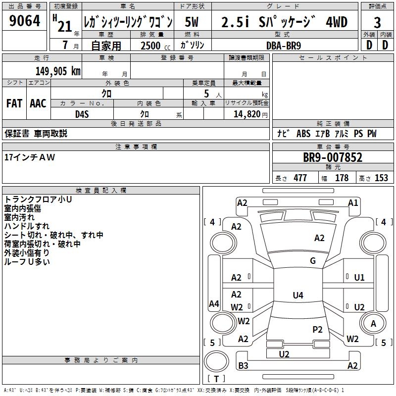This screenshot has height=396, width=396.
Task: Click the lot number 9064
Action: (x=25, y=22)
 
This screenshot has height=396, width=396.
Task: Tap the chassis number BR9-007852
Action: (x=333, y=158)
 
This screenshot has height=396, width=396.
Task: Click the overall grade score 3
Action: (x=377, y=23)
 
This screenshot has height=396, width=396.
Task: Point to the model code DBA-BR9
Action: (x=284, y=45)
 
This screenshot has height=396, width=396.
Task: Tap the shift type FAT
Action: (x=14, y=103)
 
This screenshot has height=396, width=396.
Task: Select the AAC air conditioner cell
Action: (x=38, y=103)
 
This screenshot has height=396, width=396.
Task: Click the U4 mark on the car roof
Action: (x=297, y=296)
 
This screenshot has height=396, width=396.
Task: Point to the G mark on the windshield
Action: (x=312, y=261)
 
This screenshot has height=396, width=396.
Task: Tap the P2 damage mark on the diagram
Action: (x=317, y=329)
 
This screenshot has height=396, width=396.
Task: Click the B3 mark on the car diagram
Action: (x=243, y=366)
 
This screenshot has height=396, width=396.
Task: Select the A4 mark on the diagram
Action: (x=214, y=303)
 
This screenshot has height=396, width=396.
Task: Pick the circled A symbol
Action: (x=373, y=323)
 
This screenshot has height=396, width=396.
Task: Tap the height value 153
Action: (x=381, y=178)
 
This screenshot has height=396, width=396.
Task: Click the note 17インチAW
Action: (x=30, y=157)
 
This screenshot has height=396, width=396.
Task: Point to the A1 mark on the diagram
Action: (x=352, y=202)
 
